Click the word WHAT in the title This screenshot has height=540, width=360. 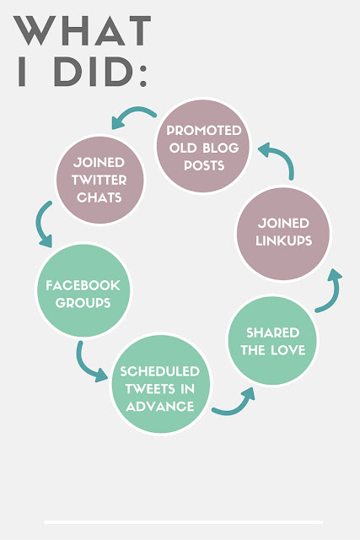83,30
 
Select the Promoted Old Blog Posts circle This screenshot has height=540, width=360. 203,146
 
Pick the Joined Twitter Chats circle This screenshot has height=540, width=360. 99,180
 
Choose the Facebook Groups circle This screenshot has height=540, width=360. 83,290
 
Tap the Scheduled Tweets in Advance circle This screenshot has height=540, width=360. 160,384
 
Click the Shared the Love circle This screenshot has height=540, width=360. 272,340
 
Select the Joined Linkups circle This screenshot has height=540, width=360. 283,234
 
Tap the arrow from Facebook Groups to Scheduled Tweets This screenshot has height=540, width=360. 84,365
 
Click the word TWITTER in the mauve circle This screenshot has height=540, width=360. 99,180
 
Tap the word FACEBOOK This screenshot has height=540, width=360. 83,285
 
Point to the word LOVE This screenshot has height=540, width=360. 288,350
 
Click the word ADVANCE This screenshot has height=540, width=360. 160,407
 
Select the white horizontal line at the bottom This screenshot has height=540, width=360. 184,522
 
